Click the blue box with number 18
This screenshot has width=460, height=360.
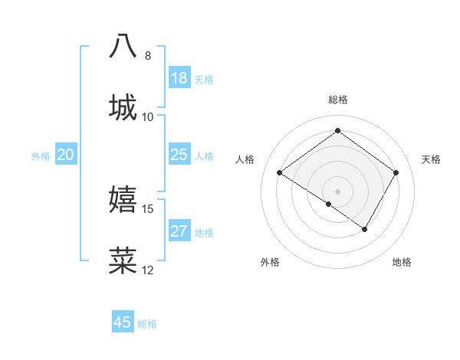pos(179,78)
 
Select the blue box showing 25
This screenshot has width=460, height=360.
pos(179,155)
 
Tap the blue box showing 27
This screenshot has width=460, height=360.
pos(179,231)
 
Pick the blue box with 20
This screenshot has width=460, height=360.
pos(66,155)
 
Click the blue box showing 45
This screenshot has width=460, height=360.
pos(123,322)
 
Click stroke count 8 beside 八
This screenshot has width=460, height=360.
pos(148,56)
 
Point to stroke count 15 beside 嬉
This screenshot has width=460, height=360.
pos(148,208)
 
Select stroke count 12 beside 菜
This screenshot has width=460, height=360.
pos(148,270)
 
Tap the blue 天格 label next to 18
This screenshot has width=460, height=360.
pos(204,80)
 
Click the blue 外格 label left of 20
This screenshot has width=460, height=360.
pos(41,156)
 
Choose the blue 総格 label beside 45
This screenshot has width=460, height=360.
pos(147,324)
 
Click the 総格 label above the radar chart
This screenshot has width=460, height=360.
pos(338,100)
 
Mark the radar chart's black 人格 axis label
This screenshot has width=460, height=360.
pos(245,159)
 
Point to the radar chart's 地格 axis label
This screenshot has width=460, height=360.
pos(402,262)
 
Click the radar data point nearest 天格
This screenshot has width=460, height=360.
pos(396,173)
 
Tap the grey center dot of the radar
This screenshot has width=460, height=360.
pos(337,191)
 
